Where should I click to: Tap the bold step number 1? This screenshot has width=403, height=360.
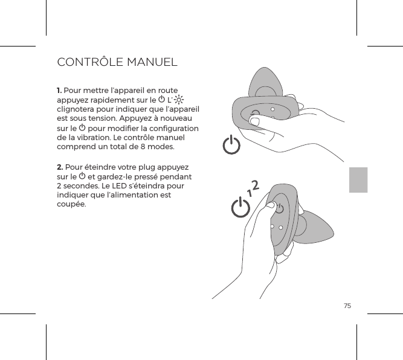59,91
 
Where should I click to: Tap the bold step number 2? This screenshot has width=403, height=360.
59,167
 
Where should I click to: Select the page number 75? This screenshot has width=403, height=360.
347,306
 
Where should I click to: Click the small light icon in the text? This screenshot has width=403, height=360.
181,100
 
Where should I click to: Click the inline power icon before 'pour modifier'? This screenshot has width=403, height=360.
82,129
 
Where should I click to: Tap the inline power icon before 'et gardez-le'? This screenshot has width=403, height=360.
82,177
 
